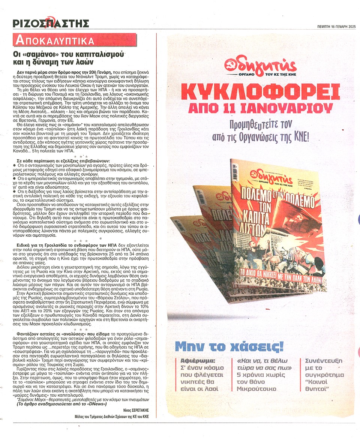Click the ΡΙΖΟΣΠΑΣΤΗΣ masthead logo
coord(51,23)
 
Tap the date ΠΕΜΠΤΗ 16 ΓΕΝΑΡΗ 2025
coord(335,26)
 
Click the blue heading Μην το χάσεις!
coord(229,346)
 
